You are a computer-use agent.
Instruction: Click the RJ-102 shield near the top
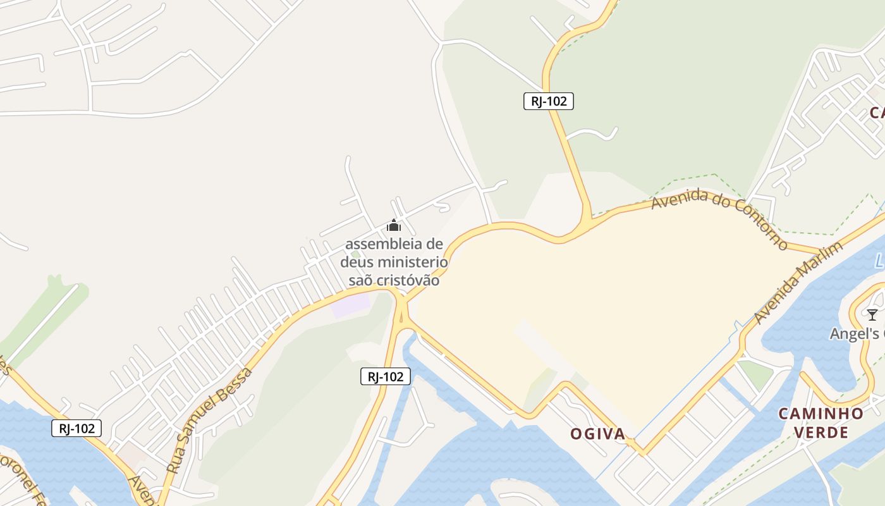tap(548, 101)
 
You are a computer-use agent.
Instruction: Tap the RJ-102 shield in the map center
tap(386, 376)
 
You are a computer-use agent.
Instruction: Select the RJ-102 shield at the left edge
tap(76, 428)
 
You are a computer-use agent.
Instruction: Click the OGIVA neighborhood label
tap(597, 434)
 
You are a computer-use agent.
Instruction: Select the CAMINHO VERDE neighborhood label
tap(821, 423)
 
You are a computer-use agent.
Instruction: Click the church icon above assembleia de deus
tap(394, 225)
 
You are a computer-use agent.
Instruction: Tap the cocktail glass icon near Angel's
tap(872, 314)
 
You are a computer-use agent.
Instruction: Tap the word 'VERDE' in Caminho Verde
tap(821, 433)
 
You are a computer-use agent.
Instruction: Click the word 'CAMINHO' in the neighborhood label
tap(821, 414)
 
